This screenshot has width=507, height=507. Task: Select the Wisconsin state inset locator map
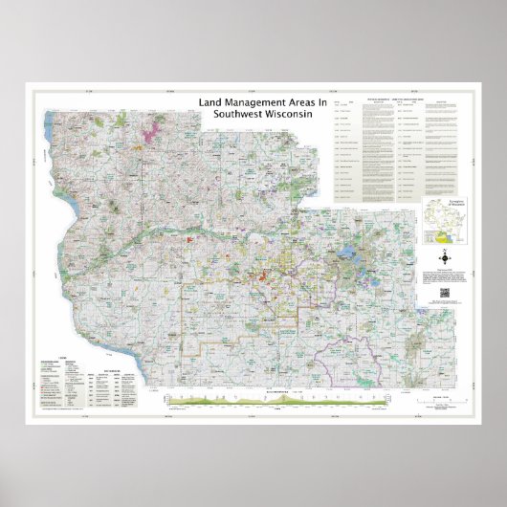[442, 228]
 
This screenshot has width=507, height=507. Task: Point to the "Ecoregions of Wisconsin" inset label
[442, 205]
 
